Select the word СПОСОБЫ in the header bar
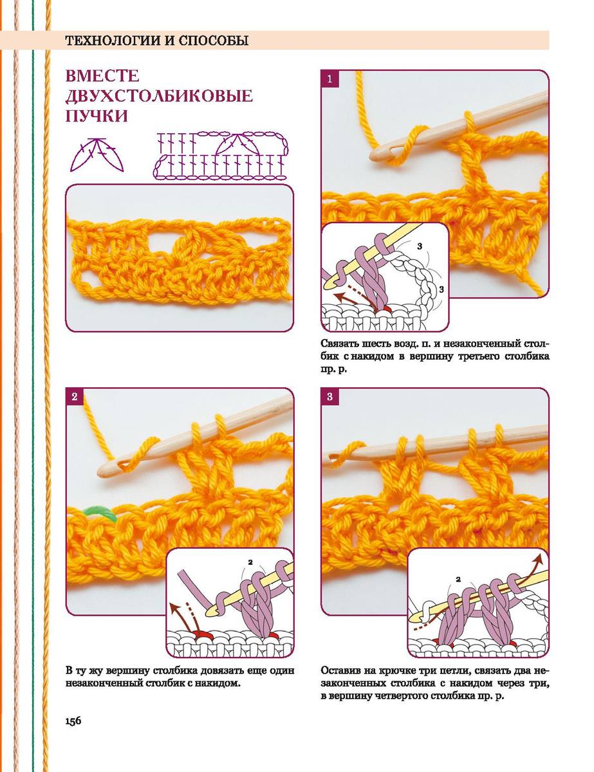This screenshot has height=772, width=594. click(214, 41)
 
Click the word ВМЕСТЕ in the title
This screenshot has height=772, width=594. click(102, 76)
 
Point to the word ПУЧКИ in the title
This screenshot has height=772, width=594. click(97, 116)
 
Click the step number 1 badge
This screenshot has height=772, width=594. click(329, 79)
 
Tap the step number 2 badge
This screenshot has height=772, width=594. click(74, 396)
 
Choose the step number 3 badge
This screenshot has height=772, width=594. click(329, 396)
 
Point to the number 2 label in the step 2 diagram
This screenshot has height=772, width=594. click(250, 562)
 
